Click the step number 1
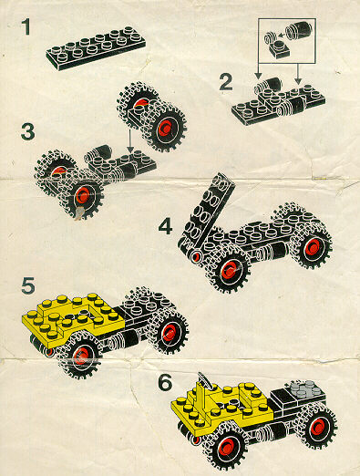click(26, 26)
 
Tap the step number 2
click(226, 82)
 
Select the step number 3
click(28, 131)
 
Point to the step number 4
click(166, 226)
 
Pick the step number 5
click(28, 285)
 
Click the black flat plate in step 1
click(96, 48)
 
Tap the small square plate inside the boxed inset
click(280, 50)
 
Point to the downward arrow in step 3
click(130, 140)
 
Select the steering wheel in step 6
click(204, 379)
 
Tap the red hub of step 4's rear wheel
click(314, 247)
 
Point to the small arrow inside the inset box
click(282, 35)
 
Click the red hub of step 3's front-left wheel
click(82, 194)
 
